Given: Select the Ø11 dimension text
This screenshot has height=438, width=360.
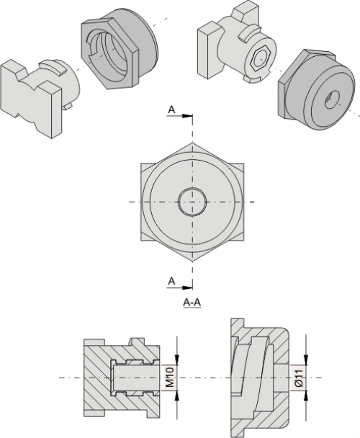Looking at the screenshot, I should click(x=298, y=377).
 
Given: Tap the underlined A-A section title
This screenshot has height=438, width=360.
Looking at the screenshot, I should click(x=192, y=303).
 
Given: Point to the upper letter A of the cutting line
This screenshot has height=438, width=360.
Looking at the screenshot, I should click(x=171, y=109).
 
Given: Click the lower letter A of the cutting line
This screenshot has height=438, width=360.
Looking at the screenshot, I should click(x=171, y=280).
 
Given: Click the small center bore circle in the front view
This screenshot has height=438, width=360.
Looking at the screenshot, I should click(x=192, y=202).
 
